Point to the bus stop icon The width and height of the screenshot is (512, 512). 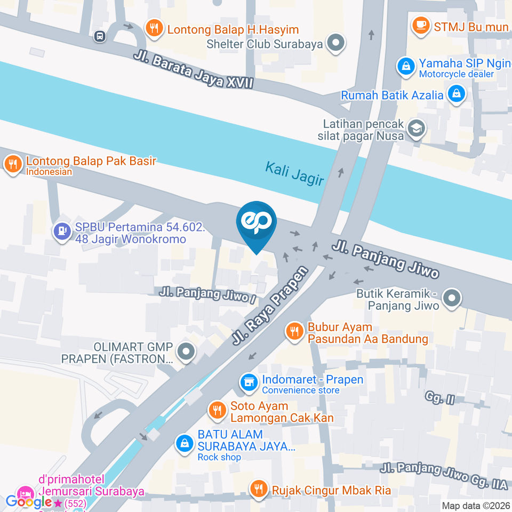point(99,36)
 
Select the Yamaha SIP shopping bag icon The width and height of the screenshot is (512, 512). point(406,67)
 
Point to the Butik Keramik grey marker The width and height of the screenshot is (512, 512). point(452,299)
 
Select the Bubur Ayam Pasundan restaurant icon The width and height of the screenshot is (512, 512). point(294,332)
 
